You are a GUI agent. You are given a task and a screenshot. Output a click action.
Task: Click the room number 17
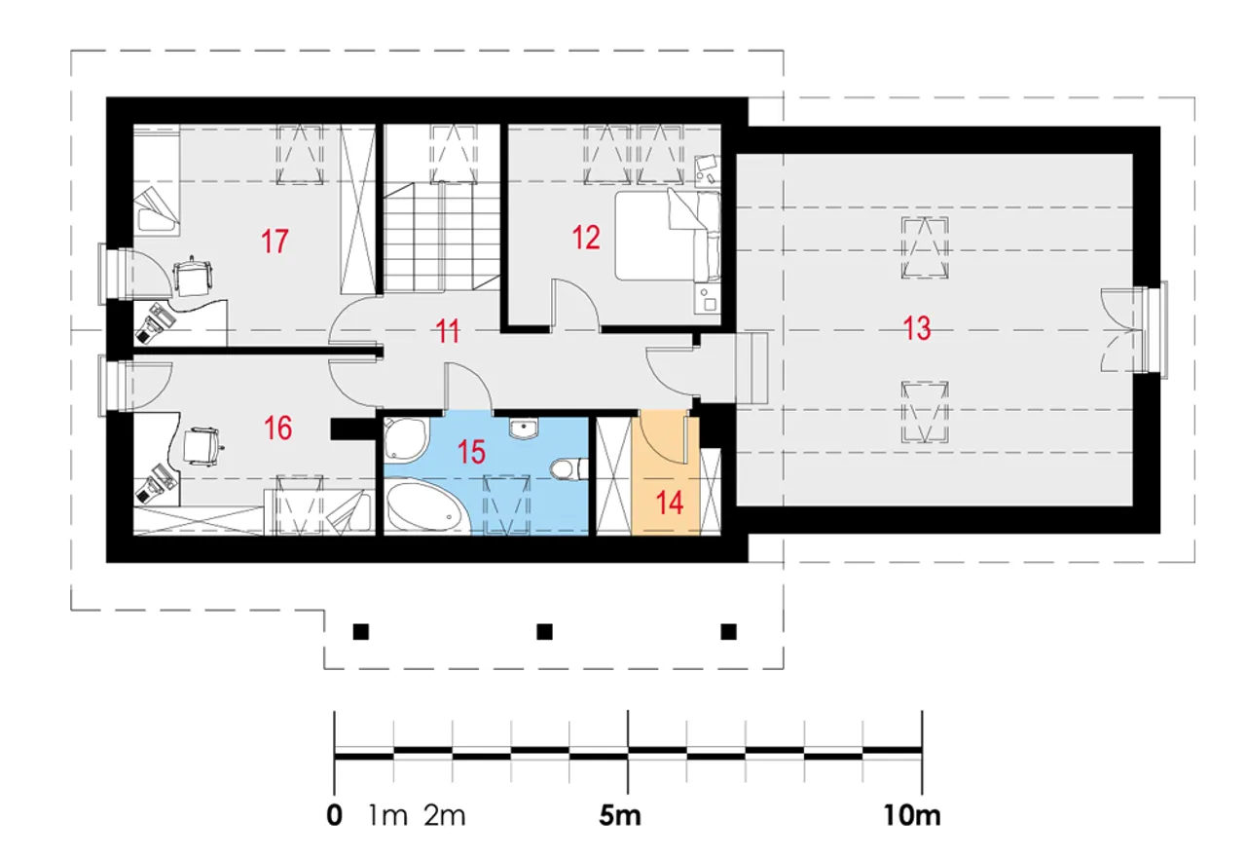point(275,242)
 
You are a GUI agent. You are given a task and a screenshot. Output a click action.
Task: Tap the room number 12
point(586,238)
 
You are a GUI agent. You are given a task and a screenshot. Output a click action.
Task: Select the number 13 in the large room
point(917,328)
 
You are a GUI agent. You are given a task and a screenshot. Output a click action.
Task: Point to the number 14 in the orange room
point(669,503)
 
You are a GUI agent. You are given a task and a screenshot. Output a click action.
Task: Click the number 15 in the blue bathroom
point(471,451)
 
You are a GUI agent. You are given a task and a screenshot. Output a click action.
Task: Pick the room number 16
point(277,428)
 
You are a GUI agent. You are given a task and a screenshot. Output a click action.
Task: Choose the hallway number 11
point(448,331)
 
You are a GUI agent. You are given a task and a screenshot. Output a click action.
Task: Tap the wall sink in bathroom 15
point(523,429)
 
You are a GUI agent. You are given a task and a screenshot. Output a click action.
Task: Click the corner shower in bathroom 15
point(407,439)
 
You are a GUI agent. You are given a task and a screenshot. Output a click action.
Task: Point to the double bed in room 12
point(668,236)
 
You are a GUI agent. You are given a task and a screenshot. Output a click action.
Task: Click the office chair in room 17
point(193,277)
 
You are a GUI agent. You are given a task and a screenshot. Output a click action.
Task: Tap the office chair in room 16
point(202,446)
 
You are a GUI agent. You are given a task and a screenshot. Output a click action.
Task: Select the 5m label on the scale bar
point(620,815)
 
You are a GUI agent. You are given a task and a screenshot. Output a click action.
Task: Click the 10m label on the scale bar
point(912,815)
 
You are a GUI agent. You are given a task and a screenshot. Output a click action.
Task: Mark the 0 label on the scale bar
point(334,815)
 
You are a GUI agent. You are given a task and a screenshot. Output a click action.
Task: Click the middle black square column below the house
point(544,632)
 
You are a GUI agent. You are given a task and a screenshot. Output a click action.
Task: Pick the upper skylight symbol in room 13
point(925,247)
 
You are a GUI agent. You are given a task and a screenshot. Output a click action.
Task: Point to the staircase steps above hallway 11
point(442,236)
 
